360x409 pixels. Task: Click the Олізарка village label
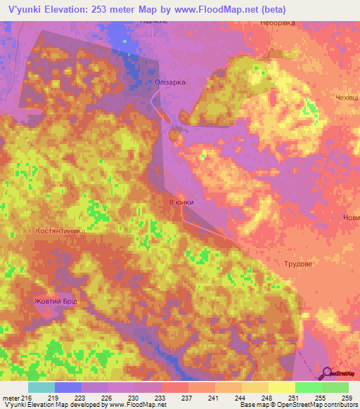(x=170, y=83)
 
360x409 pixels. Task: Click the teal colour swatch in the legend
(x=41, y=387)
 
